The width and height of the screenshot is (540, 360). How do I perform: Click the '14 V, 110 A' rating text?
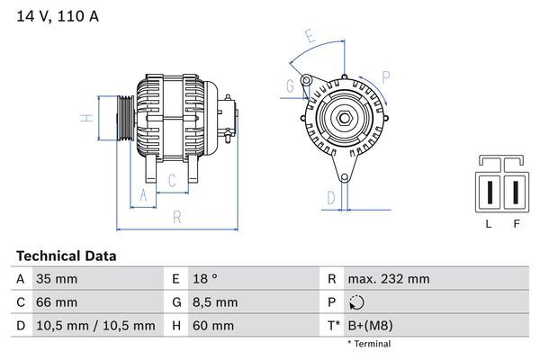[x=57, y=16]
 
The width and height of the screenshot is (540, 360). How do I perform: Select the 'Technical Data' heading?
[x=66, y=256]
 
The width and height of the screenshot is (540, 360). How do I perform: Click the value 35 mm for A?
[x=56, y=279]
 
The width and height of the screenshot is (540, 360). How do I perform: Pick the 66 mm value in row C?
[x=56, y=302]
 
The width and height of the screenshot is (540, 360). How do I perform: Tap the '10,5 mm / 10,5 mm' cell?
[x=95, y=326]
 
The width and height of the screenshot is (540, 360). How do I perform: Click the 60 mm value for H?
[x=213, y=326]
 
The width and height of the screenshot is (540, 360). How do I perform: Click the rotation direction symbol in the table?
[x=357, y=303]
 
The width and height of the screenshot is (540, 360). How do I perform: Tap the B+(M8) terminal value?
[x=370, y=326]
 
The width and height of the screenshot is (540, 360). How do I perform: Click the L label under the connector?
[x=488, y=224]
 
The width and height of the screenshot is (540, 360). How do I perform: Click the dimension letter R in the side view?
[x=177, y=216]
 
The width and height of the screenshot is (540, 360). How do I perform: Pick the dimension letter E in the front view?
[x=310, y=38]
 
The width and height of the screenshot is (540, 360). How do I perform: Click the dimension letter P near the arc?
[x=385, y=76]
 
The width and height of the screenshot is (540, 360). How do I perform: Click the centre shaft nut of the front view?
[x=344, y=117]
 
